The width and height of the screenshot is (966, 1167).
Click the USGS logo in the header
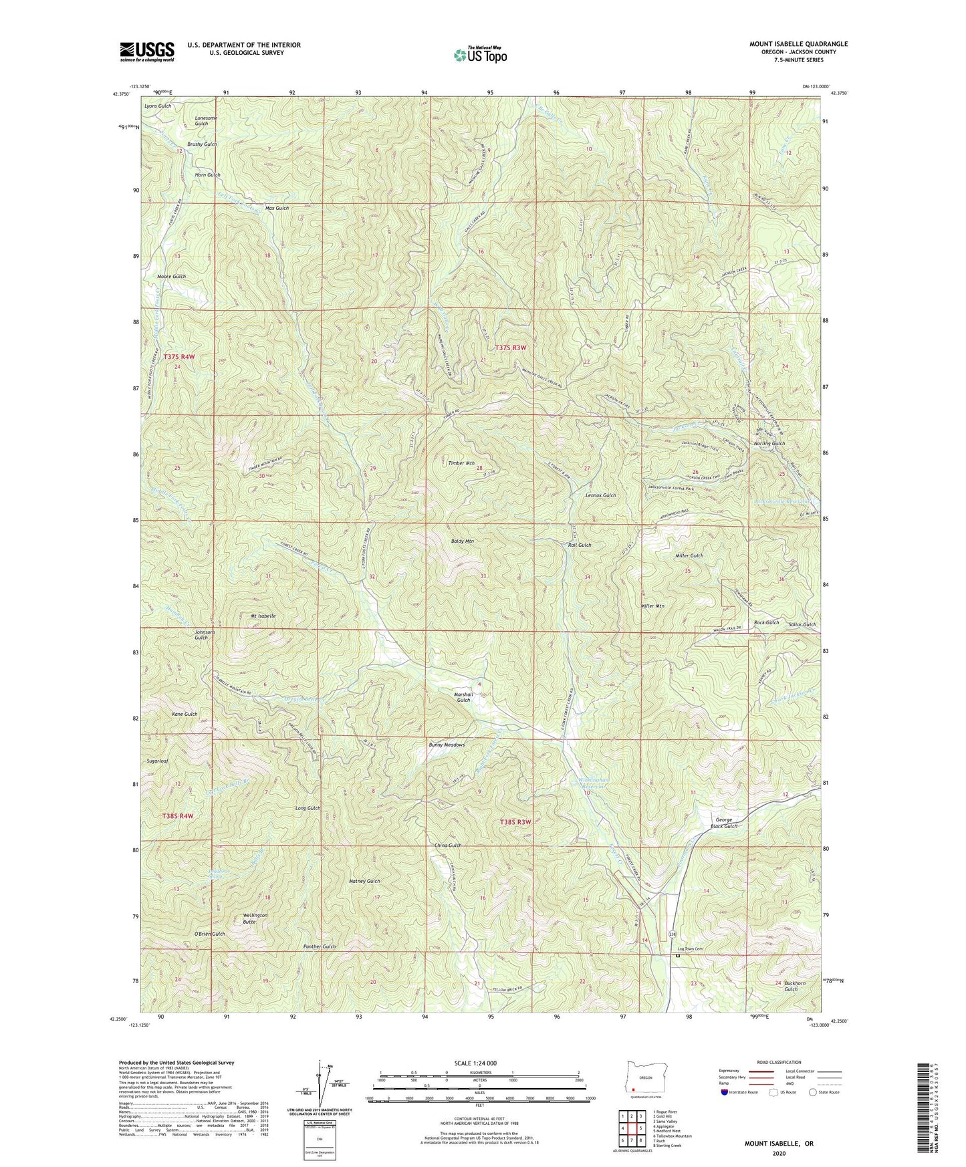(x=147, y=51)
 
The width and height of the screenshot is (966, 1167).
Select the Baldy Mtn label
(x=461, y=541)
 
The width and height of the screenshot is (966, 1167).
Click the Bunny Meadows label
(x=446, y=745)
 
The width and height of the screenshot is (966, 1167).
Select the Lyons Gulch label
(x=158, y=106)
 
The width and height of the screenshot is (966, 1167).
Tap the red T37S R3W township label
(x=511, y=347)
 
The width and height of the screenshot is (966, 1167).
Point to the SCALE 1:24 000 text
(x=479, y=1063)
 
